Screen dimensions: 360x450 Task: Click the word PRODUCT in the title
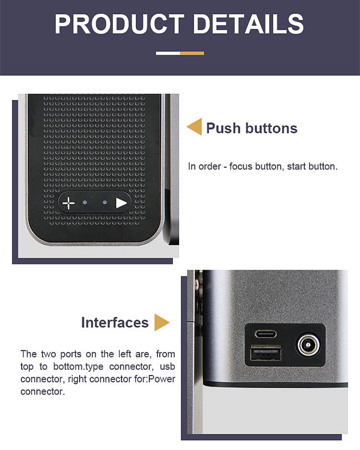coord(119,24)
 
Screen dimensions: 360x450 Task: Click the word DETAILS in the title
coord(248,24)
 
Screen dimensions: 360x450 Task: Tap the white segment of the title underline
coord(168,53)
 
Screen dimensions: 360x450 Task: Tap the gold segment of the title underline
coord(192,53)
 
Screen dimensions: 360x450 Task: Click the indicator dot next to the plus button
coord(85,202)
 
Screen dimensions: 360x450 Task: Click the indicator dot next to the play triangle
coord(105,202)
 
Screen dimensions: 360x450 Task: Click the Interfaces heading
coord(115,323)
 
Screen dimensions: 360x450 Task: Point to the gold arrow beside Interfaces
coord(162,322)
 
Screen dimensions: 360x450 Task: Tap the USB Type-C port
coord(266,334)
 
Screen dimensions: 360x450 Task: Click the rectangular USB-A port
coord(265,353)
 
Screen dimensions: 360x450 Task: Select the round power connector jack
coord(308,345)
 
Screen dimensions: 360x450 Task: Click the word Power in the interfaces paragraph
coord(162,379)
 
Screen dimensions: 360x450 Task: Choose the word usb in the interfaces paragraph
coord(167,366)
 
